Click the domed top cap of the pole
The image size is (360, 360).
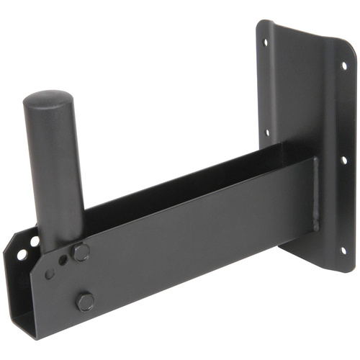pyautogui.click(x=50, y=100)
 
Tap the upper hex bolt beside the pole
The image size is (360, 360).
pyautogui.click(x=81, y=252)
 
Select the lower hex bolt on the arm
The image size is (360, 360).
pyautogui.click(x=85, y=300)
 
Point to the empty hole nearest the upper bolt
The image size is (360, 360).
pyautogui.click(x=66, y=260)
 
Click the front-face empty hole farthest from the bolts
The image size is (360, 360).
pyautogui.click(x=49, y=274)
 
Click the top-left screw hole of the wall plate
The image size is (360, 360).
pyautogui.click(x=266, y=42)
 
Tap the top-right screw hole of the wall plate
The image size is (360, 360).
pyautogui.click(x=343, y=66)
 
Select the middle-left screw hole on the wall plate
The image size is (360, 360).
pyautogui.click(x=267, y=132)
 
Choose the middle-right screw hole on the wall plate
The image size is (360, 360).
pyautogui.click(x=343, y=160)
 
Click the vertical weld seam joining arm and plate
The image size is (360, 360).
pyautogui.click(x=315, y=194)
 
